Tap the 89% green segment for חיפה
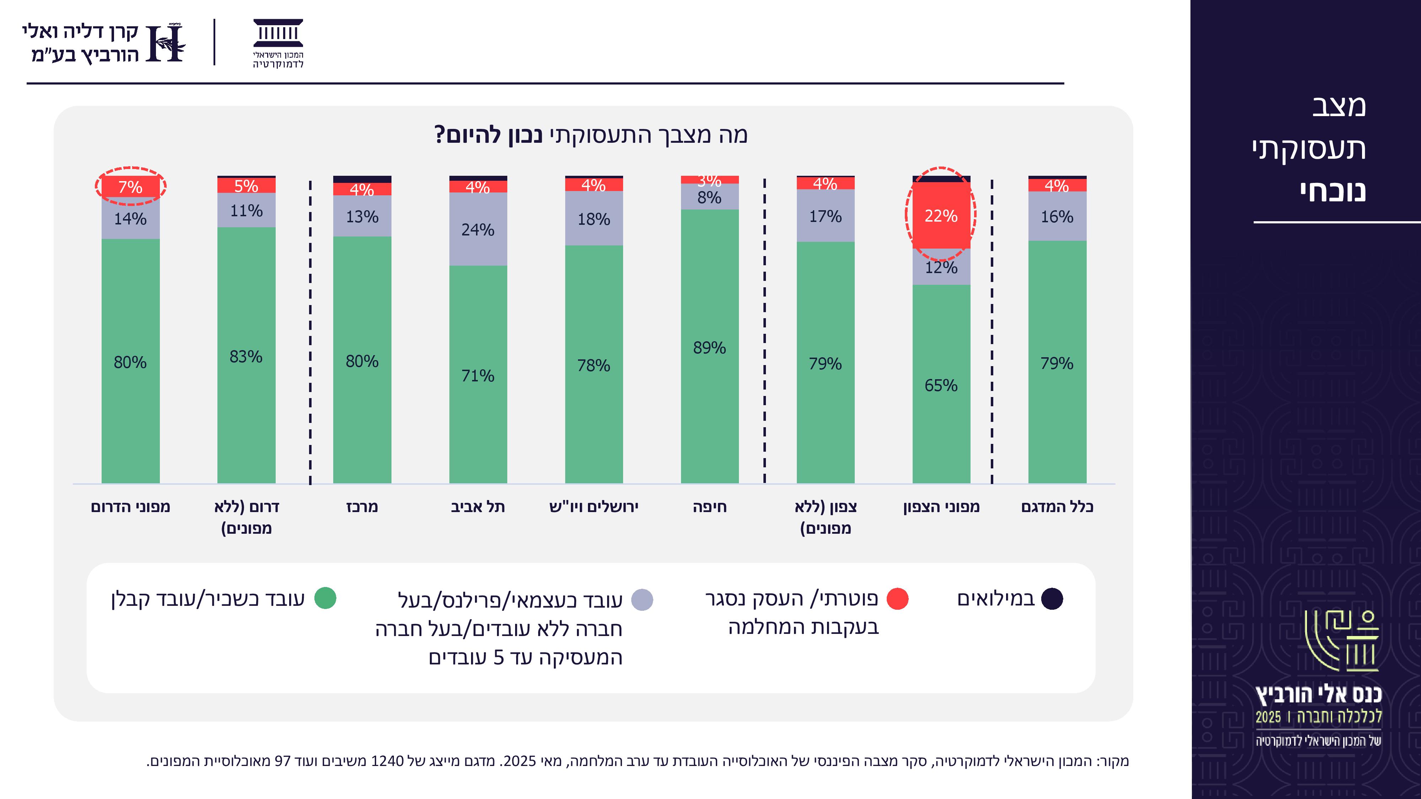(709, 347)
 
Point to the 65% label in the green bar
(941, 385)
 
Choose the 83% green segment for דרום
(246, 356)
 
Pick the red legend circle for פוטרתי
(897, 599)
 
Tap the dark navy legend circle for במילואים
(1052, 599)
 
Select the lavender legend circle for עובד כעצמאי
(642, 600)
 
